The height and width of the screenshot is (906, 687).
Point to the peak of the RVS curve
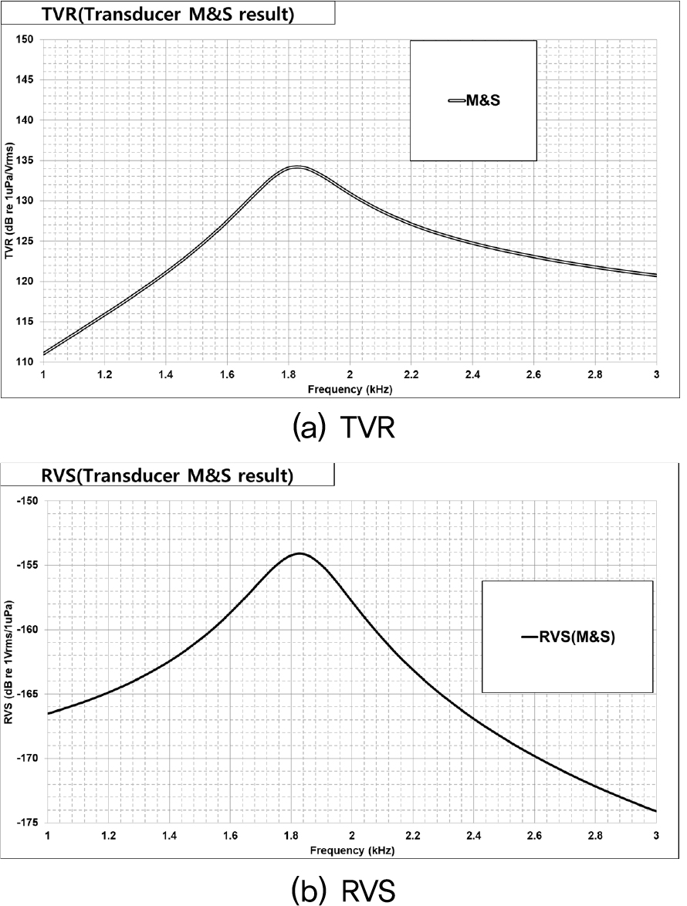(x=299, y=553)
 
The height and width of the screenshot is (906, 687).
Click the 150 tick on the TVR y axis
(x=28, y=39)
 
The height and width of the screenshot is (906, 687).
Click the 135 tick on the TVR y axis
(x=28, y=161)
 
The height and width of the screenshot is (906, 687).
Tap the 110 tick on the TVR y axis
(x=28, y=362)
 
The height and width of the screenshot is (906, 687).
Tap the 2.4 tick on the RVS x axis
(x=473, y=836)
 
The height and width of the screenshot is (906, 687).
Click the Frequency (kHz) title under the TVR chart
(x=349, y=390)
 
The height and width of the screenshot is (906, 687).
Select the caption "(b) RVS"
(x=343, y=890)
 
